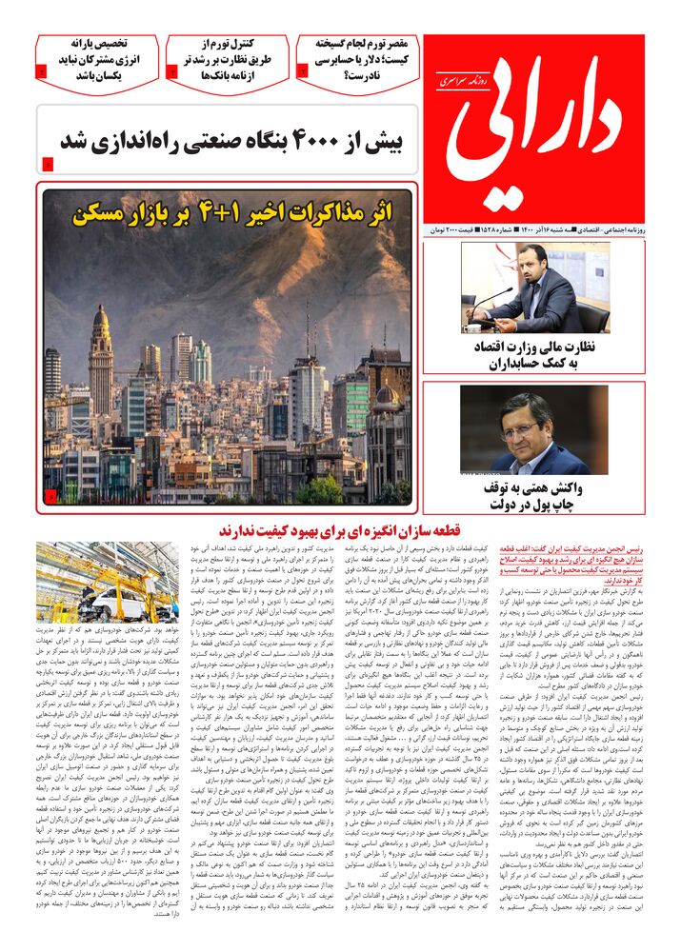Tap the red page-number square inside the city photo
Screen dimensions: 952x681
(x=50, y=495)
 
